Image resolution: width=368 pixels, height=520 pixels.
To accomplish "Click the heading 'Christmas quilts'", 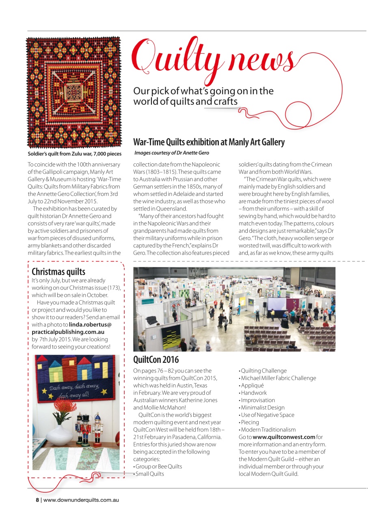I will click(x=58, y=271).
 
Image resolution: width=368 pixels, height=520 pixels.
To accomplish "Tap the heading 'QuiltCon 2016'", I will click(x=156, y=360).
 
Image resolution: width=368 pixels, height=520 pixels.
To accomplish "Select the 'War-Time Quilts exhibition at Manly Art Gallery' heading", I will click(x=209, y=142).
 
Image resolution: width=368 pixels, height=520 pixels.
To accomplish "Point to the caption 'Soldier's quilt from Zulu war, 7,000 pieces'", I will click(x=74, y=154).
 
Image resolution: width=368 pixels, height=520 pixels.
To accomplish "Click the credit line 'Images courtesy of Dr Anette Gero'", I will click(x=172, y=153).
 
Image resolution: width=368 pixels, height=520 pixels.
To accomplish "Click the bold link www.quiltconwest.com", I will click(x=284, y=437).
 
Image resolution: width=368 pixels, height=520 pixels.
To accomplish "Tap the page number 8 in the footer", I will click(x=37, y=500).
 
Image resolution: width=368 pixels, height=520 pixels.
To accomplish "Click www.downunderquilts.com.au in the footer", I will click(x=81, y=500).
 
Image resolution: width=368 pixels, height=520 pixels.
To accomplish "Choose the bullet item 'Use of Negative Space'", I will click(x=267, y=415).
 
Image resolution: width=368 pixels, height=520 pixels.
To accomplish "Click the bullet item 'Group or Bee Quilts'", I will click(x=158, y=466).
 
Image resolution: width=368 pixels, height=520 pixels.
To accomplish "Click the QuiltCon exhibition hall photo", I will click(x=234, y=309).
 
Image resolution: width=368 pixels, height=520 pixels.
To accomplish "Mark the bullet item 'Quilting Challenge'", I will click(x=264, y=370).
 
